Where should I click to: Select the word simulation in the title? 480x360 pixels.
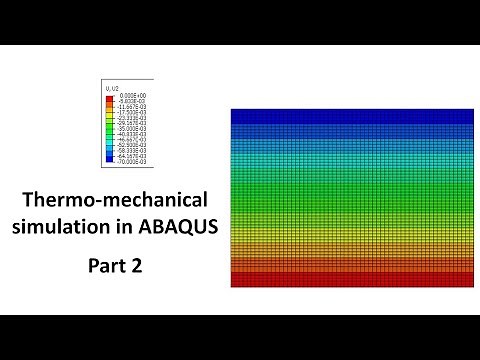[54, 225]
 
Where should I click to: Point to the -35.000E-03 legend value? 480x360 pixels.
[131, 127]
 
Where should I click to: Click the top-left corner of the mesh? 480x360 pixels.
[232, 109]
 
